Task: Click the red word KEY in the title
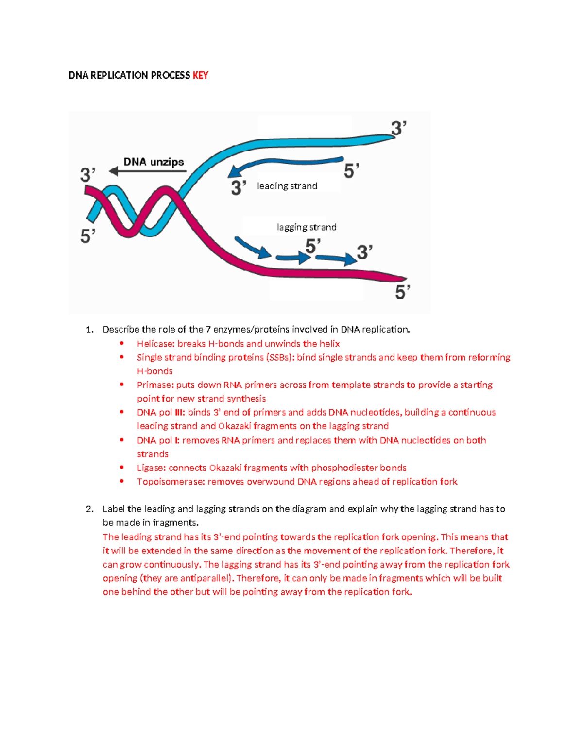coord(200,75)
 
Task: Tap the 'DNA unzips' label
coord(154,162)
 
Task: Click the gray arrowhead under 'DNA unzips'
coord(114,171)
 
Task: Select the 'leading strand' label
coord(287,186)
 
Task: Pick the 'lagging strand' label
coord(307,227)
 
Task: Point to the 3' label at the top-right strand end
coord(398,128)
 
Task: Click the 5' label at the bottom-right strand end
coord(403,292)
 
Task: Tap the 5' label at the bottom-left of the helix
coord(87,236)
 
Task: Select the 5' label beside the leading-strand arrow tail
coord(351,171)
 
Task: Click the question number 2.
coord(89,509)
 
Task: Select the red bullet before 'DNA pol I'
coord(122,440)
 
